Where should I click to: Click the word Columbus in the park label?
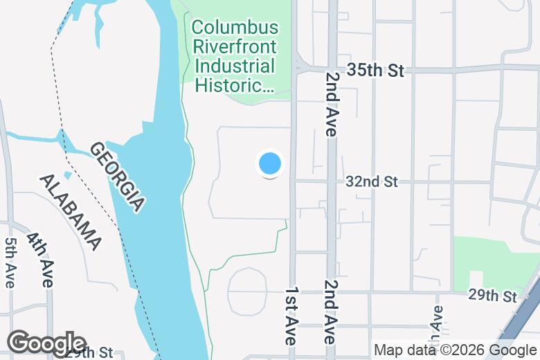point(235,28)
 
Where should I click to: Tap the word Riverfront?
point(235,48)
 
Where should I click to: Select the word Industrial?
point(235,67)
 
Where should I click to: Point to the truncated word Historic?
point(235,86)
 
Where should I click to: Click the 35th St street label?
point(375,71)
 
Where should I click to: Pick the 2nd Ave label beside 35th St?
point(332,104)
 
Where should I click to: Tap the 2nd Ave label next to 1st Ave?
point(330,312)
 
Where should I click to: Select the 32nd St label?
point(372,181)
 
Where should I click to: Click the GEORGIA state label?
point(117,177)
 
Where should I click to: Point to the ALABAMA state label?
point(70,211)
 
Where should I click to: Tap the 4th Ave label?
point(40,260)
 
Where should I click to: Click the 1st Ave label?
point(291,316)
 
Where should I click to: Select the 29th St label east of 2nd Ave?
point(492,296)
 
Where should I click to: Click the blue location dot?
point(270,164)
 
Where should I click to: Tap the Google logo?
point(46,343)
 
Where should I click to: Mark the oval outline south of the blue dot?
point(247,291)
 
